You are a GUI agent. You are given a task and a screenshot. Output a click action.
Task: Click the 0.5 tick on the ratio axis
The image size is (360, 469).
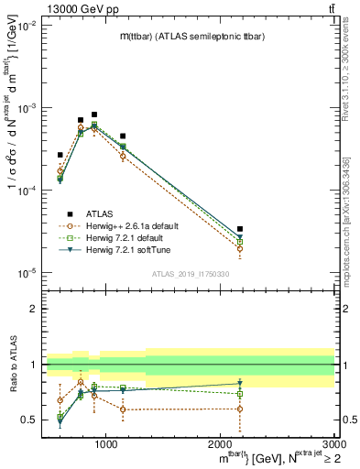pos(32,420)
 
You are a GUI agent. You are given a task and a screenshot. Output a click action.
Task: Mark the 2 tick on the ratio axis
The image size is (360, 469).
pos(36,309)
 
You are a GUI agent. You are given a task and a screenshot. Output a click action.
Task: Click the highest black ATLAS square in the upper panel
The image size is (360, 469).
pos(94,115)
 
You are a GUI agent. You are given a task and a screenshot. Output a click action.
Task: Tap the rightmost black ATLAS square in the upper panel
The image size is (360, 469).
pos(240,229)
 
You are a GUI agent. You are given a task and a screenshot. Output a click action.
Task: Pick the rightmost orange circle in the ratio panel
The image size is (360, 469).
pos(240,409)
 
